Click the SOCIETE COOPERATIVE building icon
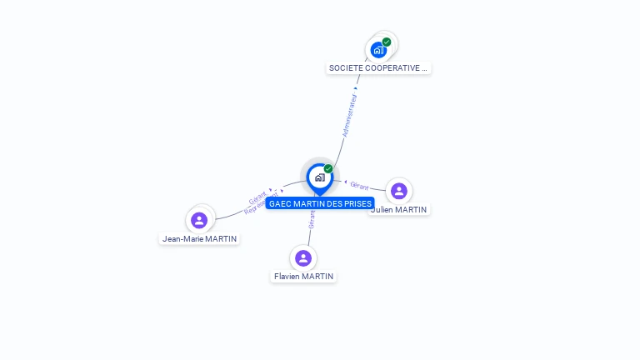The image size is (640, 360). click(379, 50)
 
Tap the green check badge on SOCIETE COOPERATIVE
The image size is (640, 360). click(387, 42)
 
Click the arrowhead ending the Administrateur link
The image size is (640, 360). click(356, 87)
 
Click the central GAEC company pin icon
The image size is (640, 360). click(319, 177)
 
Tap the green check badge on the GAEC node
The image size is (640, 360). click(328, 169)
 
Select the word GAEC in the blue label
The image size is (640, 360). click(280, 203)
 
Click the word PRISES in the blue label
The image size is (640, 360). click(356, 203)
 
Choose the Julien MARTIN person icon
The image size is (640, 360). click(399, 191)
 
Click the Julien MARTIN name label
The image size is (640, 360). click(399, 210)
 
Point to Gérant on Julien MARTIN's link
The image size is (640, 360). click(359, 186)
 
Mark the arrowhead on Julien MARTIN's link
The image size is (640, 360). click(346, 182)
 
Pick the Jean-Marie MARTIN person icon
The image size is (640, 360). click(199, 220)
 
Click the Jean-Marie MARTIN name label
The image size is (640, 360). click(199, 239)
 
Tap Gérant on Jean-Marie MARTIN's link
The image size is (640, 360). click(257, 197)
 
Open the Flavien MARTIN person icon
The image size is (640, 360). click(303, 257)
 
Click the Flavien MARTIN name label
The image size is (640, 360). click(303, 277)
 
